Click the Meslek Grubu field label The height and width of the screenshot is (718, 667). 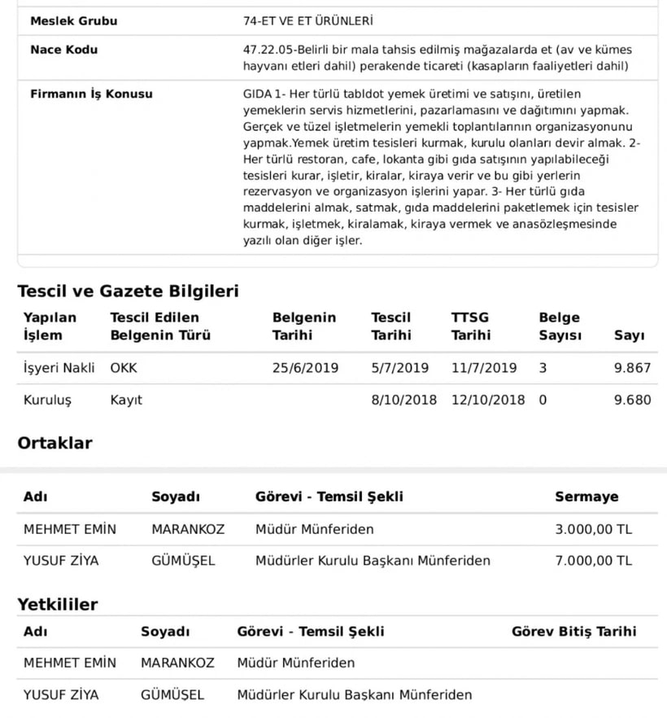coord(74,20)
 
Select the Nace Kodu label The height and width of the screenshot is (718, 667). coord(64,50)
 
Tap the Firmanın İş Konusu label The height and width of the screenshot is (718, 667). coord(91,94)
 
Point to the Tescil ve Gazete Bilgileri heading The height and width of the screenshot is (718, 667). coord(129,291)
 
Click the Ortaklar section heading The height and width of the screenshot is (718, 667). coord(55,443)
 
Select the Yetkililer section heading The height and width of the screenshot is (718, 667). coord(58,604)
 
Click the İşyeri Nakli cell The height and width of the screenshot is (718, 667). coord(59,368)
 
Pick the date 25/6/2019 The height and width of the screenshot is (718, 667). coord(305,368)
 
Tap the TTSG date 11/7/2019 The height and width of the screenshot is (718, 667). coord(484,368)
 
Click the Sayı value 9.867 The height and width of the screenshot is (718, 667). coord(632,368)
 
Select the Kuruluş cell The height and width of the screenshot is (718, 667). coord(49,400)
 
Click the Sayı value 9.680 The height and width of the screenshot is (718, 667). coord(632,400)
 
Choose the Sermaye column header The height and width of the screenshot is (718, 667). coord(586,497)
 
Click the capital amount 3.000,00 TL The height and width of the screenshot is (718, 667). coord(593,529)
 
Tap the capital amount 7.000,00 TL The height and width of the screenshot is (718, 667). coord(593,561)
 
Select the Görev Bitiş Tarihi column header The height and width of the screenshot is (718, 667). coord(574,631)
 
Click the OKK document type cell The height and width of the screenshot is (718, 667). coord(124,368)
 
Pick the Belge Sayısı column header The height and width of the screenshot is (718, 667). coord(560,326)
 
